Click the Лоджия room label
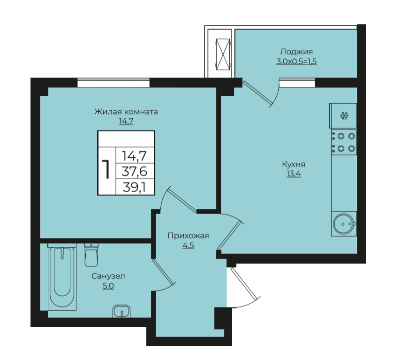296,52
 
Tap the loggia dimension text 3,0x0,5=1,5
296,61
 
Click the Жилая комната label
126,112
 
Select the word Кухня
294,165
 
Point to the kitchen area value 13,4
294,174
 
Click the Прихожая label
188,236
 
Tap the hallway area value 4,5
188,245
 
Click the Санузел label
108,276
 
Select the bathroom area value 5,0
108,286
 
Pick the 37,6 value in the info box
134,172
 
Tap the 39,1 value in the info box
134,187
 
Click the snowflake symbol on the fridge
344,115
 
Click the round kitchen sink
344,224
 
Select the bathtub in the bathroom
62,277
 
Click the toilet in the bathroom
91,255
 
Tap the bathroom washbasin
121,311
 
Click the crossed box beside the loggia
223,54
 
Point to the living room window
113,83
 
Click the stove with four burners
344,142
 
